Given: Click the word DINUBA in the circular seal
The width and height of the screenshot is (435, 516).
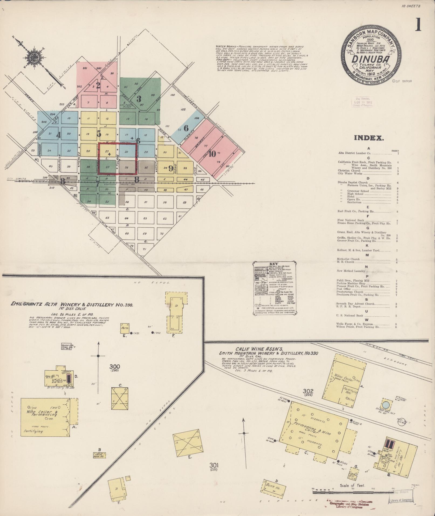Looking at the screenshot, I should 370,59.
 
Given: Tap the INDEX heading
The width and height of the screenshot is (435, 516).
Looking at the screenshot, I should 369,138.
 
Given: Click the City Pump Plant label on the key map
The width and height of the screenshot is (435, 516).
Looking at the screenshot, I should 126,105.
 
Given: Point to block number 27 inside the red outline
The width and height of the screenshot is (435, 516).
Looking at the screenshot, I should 107,151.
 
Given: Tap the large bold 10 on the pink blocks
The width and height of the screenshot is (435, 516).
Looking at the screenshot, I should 212,154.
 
